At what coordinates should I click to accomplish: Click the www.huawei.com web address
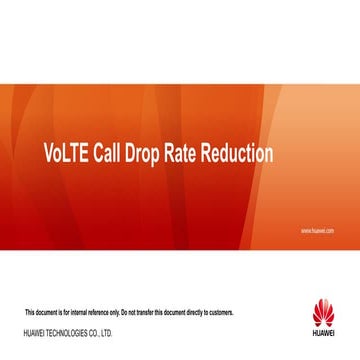click(317, 231)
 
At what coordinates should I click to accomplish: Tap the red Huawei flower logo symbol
click(323, 312)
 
